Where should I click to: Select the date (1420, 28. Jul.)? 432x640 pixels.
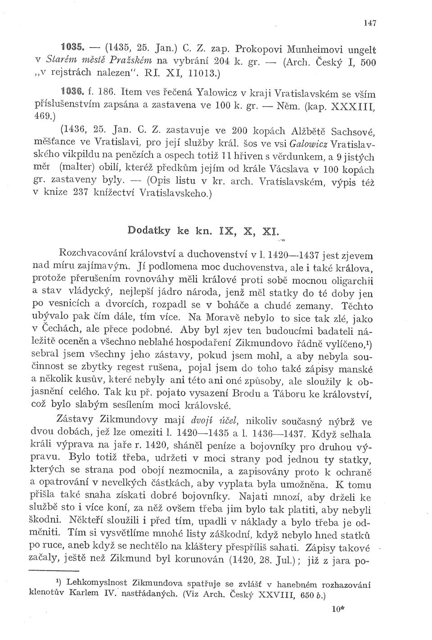261,562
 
